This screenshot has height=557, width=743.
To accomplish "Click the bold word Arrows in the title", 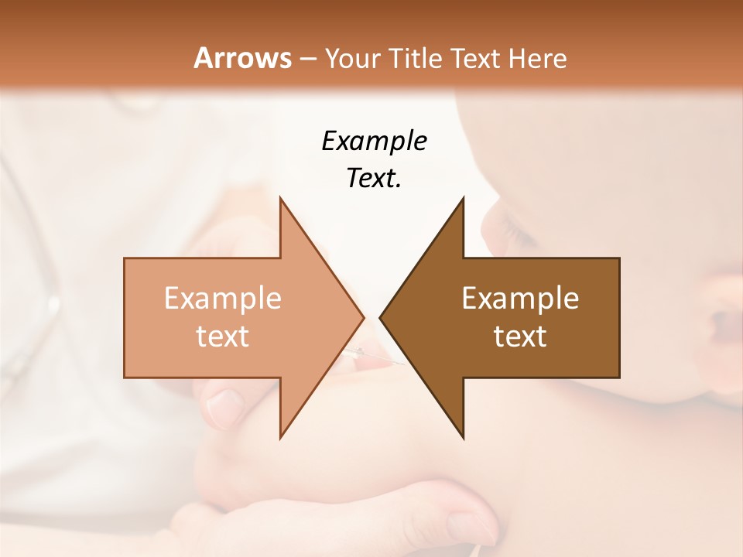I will click(242, 58).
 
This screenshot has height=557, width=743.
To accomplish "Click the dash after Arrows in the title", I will click(306, 60).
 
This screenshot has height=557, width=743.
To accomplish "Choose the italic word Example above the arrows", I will click(374, 141).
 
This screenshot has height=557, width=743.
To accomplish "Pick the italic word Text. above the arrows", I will click(374, 179).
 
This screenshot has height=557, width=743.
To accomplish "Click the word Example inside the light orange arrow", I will click(222, 299).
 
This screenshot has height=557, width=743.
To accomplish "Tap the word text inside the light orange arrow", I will click(222, 337).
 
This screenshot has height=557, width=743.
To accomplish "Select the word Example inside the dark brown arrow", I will click(520, 299).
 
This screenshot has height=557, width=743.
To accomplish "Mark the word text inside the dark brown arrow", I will click(520, 337).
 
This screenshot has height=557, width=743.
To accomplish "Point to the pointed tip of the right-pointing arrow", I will click(364, 317).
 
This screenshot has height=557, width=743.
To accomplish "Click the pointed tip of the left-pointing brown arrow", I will click(380, 317).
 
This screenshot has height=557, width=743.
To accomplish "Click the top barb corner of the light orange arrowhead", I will click(280, 198).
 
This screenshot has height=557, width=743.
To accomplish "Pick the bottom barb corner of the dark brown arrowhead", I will click(464, 438).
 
